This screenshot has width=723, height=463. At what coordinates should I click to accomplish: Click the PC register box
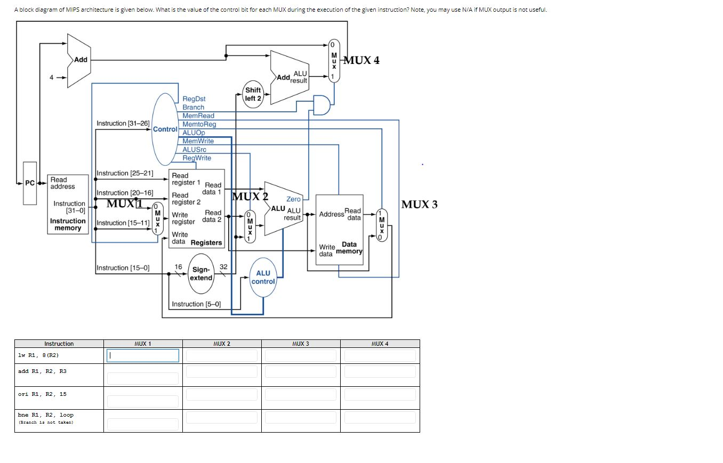point(30,183)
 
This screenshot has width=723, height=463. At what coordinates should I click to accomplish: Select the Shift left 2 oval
point(253,94)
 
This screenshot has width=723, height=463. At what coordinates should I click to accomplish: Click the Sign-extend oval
point(201,274)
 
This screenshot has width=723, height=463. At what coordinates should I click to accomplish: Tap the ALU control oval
point(263,277)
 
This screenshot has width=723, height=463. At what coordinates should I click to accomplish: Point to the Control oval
point(165,129)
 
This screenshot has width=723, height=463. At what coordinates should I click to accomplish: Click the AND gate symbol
point(321,105)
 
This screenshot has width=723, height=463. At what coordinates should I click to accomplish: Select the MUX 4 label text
point(361,60)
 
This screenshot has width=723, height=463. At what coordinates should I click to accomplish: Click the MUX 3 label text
point(419,205)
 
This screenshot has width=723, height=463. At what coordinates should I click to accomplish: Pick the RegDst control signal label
point(194,99)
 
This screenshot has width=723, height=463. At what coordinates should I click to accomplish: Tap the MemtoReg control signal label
point(199,124)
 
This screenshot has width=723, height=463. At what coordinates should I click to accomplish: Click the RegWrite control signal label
point(197,158)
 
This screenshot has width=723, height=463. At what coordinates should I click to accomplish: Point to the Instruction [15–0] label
point(123,268)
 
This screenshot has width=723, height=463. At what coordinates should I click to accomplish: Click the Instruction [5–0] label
point(196,304)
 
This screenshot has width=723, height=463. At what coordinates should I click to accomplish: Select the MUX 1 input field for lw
point(143,355)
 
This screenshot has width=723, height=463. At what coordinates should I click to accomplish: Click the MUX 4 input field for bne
point(380,424)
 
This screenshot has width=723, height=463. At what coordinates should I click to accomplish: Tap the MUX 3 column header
point(301,344)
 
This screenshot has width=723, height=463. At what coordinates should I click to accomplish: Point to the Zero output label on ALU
point(294,199)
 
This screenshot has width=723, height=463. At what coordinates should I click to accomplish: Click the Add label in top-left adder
point(81,60)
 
